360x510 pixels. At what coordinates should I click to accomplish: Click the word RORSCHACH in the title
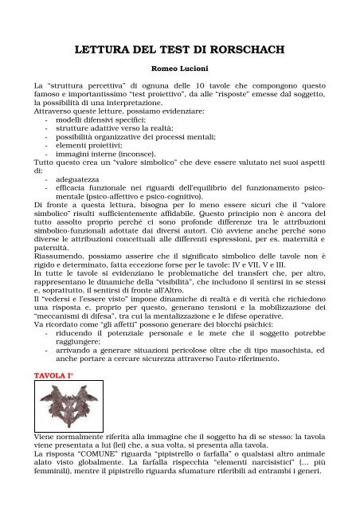[x=239, y=53]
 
